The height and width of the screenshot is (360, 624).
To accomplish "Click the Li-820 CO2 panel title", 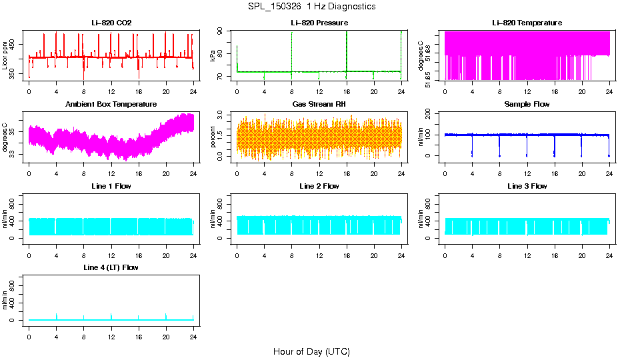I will click(x=111, y=23).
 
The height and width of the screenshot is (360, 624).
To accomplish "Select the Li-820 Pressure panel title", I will click(x=319, y=23).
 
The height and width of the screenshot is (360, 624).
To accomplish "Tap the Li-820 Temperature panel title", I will click(x=527, y=23).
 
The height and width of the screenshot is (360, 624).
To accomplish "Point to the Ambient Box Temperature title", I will click(x=111, y=105).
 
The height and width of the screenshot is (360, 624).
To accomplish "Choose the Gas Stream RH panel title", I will click(x=319, y=105).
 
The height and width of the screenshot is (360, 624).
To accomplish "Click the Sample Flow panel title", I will click(x=527, y=105).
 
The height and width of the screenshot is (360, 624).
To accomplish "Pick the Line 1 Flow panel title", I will click(x=111, y=186).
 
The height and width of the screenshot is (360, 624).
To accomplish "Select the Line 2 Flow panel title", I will click(x=319, y=186).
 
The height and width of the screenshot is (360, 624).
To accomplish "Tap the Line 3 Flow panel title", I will click(x=527, y=186).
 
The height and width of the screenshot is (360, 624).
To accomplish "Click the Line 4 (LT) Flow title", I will click(x=111, y=267).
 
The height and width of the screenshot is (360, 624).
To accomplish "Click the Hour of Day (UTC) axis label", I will click(x=311, y=351).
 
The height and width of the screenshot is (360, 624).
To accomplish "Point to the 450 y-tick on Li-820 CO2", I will click(x=16, y=44).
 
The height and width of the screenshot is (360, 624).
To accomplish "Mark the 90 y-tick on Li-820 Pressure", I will click(x=224, y=31).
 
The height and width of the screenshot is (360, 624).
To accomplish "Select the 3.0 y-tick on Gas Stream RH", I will click(x=224, y=117).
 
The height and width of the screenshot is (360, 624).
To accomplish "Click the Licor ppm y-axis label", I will click(x=5, y=55).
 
